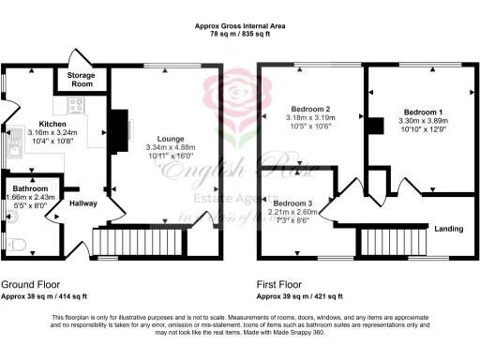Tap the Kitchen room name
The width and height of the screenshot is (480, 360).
52,124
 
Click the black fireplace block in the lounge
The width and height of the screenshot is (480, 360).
118,124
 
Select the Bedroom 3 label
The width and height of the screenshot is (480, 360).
292,202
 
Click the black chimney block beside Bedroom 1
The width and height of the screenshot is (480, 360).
376,127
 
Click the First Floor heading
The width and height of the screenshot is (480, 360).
286,282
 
